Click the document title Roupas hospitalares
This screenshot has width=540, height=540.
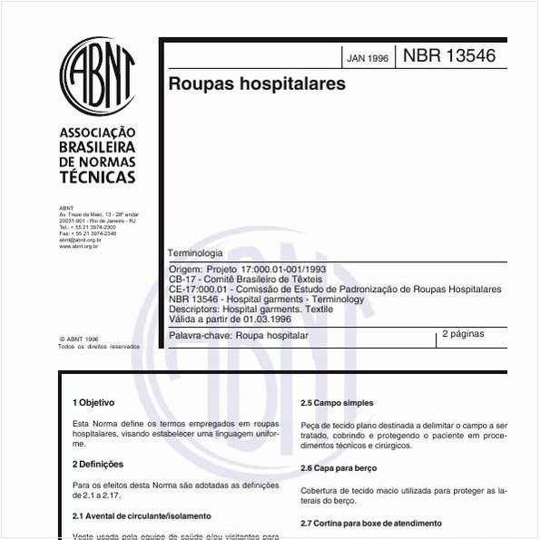tap(257, 84)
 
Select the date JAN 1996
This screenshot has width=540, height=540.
tap(368, 58)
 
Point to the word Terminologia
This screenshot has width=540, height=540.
tap(195, 253)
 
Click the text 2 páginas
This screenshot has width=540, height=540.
tap(463, 334)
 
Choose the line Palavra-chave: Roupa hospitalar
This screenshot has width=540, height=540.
tap(239, 335)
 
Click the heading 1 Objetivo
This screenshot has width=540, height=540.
tap(93, 401)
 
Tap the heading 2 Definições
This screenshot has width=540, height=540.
tap(98, 463)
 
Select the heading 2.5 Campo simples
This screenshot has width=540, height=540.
tap(337, 403)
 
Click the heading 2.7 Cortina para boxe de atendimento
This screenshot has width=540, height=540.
tap(371, 523)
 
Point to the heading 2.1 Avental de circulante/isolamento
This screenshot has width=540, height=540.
tap(142, 515)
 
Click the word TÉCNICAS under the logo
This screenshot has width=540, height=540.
tap(97, 177)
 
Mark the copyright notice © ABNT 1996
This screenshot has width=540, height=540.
tap(78, 339)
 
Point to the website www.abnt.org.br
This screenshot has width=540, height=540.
tap(79, 246)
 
